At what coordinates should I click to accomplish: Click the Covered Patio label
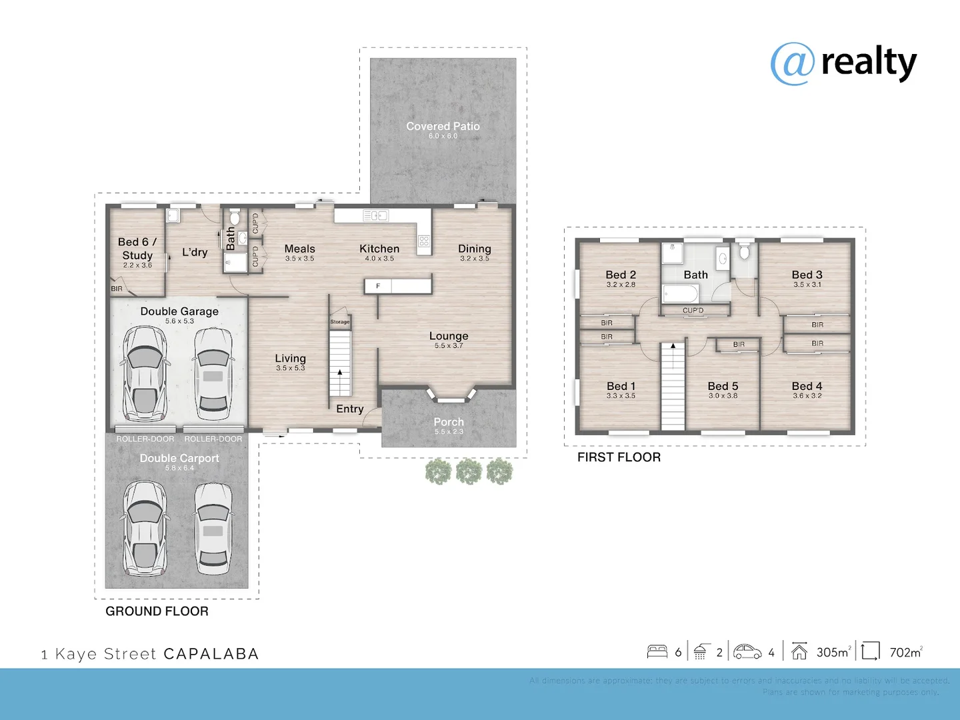coord(443,126)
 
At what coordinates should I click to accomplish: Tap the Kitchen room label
coord(379,249)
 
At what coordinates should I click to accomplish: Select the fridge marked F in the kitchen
coord(378,286)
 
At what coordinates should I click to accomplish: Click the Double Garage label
coord(179,311)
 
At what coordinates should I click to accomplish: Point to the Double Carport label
coord(179,458)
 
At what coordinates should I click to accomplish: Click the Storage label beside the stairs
coord(340,322)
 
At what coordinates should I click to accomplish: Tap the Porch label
coord(449,422)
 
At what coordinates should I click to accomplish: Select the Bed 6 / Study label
coord(137,249)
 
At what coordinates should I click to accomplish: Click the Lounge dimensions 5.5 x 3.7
coord(449,346)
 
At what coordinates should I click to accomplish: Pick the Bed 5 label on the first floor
coord(723,386)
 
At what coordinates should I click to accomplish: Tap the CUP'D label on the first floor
coord(693,311)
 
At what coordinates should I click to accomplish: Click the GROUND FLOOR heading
coord(157,611)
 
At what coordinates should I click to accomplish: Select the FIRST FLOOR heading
coord(619,457)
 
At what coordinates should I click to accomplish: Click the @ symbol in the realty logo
coord(793,64)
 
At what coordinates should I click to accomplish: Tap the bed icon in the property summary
coord(657,651)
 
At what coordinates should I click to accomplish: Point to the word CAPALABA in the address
coord(211,654)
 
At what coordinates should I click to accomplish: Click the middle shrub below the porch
coord(469,471)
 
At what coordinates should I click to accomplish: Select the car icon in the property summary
coord(747,651)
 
